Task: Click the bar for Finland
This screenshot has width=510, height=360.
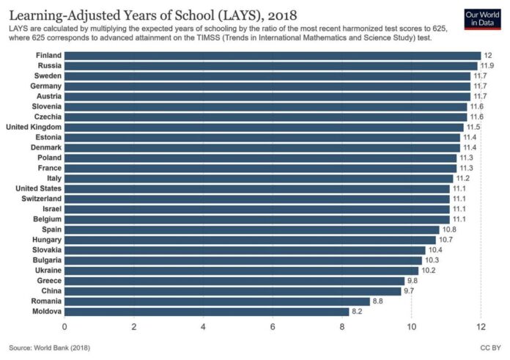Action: coord(273,56)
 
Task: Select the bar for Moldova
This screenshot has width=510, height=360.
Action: coord(207,312)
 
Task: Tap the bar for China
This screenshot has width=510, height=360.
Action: coord(233,291)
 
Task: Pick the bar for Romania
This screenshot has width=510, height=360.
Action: coord(217,301)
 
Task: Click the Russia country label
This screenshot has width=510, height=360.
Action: coord(48,66)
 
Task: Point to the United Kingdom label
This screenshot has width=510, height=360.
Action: coord(34,127)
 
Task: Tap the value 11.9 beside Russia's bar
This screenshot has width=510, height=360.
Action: coord(488,66)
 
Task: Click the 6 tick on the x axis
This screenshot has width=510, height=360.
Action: coord(273,326)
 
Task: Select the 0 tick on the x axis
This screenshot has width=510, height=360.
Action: coord(64,326)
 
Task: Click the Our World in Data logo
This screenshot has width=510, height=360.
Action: coord(482,19)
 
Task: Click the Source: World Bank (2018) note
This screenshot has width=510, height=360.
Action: coord(49,347)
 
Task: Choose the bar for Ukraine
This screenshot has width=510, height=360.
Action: coord(242,271)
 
